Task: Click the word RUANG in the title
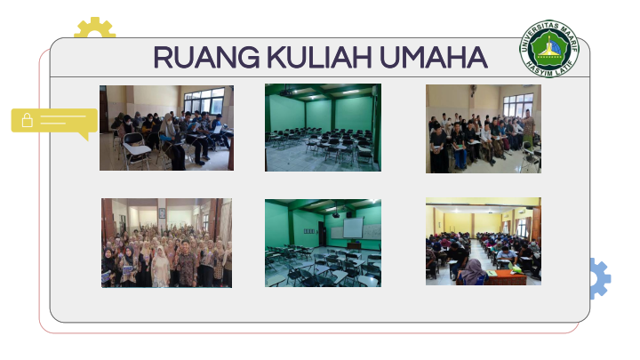(x=206, y=57)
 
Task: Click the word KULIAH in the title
(x=319, y=57)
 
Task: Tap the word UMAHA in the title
(x=434, y=57)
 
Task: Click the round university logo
(x=549, y=49)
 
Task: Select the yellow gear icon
(x=95, y=27)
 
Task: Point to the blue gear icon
(x=600, y=278)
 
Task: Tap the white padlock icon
(x=28, y=120)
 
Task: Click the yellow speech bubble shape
(x=54, y=122)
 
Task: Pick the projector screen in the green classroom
(x=353, y=228)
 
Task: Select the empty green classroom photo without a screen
(x=323, y=127)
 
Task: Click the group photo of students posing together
(x=166, y=243)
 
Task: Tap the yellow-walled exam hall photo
(x=484, y=241)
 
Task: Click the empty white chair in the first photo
(x=136, y=150)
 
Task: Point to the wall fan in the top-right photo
(x=474, y=90)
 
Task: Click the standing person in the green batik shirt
(x=529, y=126)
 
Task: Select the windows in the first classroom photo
(x=204, y=100)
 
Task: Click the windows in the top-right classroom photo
(x=518, y=105)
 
